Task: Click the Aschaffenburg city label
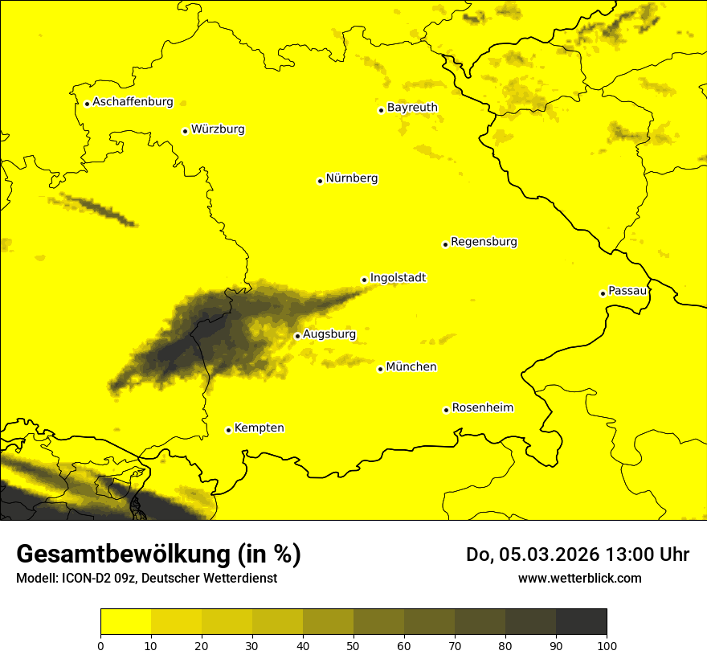(x=133, y=102)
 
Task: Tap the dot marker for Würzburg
(x=185, y=131)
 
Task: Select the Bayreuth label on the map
(x=412, y=108)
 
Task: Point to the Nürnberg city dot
(x=320, y=181)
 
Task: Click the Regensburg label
(x=484, y=242)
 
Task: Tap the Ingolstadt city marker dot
(x=364, y=280)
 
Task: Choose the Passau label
(x=627, y=291)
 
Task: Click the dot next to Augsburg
(x=297, y=336)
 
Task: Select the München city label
(x=411, y=367)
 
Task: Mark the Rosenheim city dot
(x=446, y=410)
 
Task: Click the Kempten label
(x=259, y=428)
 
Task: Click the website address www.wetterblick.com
(x=579, y=579)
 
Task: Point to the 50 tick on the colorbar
(x=353, y=645)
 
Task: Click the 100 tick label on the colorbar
(x=607, y=645)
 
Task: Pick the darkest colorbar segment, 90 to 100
(x=581, y=622)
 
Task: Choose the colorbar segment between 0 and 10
(x=125, y=622)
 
